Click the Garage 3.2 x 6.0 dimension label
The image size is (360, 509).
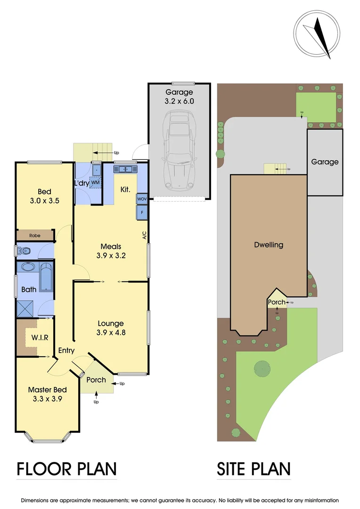[179, 97]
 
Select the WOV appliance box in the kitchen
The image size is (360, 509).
[142, 199]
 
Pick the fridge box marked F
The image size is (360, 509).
[142, 213]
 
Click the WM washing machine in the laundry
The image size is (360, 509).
[96, 182]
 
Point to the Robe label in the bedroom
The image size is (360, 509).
[34, 235]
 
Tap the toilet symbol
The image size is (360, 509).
[24, 251]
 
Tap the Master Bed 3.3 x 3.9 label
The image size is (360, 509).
[47, 394]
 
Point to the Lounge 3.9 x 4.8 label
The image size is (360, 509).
[111, 328]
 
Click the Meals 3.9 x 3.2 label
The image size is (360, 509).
[111, 251]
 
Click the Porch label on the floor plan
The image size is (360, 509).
[96, 380]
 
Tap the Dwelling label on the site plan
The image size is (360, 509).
[269, 245]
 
